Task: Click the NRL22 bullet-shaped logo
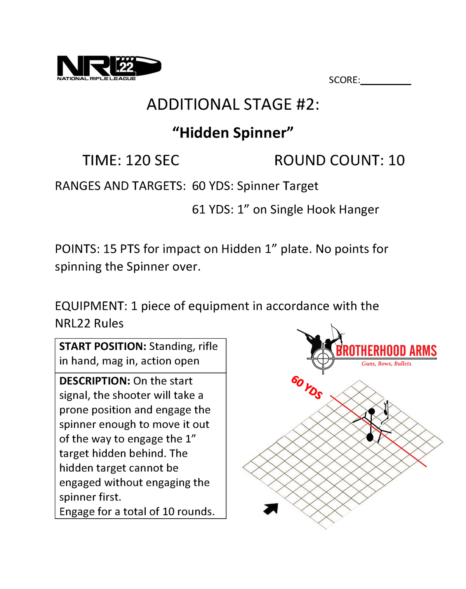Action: [109, 67]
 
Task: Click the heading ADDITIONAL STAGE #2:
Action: [233, 105]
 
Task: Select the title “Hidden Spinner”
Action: [233, 133]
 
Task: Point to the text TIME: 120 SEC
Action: [131, 160]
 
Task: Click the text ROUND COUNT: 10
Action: [339, 160]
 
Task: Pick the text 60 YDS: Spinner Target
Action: [255, 186]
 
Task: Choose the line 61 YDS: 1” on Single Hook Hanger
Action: [285, 210]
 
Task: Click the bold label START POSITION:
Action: [103, 346]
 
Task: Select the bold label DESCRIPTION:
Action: [95, 381]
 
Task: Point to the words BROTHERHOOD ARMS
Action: [386, 351]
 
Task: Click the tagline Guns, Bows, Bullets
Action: [386, 364]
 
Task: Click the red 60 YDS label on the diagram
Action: [307, 387]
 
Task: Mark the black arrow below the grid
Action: [271, 508]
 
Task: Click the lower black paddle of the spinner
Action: [370, 437]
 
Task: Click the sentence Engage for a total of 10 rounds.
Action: [137, 512]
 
